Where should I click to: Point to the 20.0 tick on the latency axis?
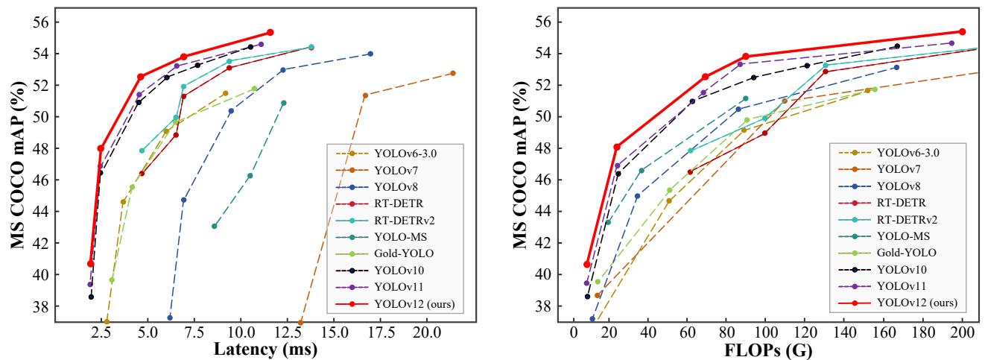click(x=427, y=331)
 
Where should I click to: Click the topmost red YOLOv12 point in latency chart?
click(x=270, y=32)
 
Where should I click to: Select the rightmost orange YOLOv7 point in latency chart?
click(x=453, y=73)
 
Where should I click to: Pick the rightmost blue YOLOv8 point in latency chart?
click(x=370, y=54)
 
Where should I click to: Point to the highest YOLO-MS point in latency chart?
click(x=284, y=103)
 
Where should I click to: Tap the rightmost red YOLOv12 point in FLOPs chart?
click(x=962, y=31)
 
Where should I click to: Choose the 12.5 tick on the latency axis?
click(x=287, y=331)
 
